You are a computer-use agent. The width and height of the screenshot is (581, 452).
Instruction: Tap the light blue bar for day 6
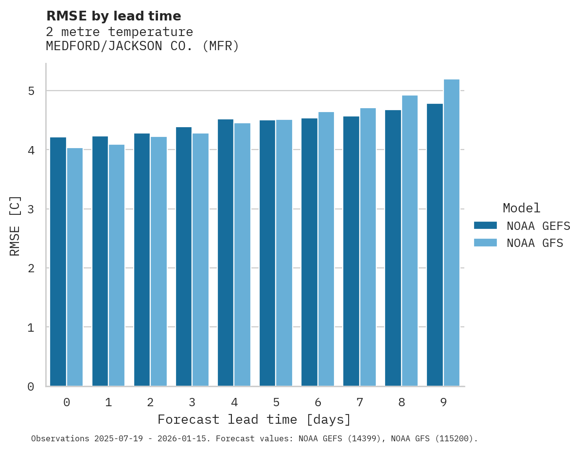pyautogui.click(x=326, y=249)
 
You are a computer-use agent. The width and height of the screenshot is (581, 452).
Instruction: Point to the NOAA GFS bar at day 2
pyautogui.click(x=158, y=261)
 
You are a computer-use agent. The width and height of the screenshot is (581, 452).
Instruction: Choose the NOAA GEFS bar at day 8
pyautogui.click(x=393, y=248)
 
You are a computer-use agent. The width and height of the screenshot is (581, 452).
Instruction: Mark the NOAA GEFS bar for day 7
pyautogui.click(x=351, y=251)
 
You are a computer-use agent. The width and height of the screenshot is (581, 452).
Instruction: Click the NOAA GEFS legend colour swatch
pyautogui.click(x=485, y=226)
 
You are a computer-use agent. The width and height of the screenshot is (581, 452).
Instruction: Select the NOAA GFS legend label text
pyautogui.click(x=535, y=243)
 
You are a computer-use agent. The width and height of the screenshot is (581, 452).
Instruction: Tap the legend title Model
pyautogui.click(x=521, y=208)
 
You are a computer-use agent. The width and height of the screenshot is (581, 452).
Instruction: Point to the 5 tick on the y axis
pyautogui.click(x=31, y=91)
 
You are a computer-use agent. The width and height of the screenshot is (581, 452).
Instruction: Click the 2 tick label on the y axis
pyautogui.click(x=31, y=268)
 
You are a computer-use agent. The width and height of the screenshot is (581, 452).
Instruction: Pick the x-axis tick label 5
pyautogui.click(x=276, y=403)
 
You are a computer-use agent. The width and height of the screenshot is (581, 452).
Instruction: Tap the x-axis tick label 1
pyautogui.click(x=108, y=403)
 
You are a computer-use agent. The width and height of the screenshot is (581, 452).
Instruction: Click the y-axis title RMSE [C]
pyautogui.click(x=15, y=226)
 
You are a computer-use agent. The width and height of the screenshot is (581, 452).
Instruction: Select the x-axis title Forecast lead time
pyautogui.click(x=254, y=420)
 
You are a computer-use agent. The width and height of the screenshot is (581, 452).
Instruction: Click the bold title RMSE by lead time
pyautogui.click(x=113, y=16)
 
